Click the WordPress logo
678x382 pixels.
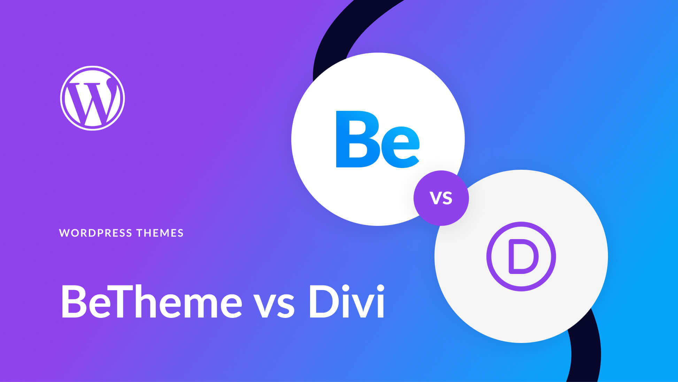[x=92, y=98]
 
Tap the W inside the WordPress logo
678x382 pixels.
[x=92, y=101]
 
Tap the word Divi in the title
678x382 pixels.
[x=346, y=301]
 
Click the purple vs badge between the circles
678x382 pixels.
[x=441, y=198]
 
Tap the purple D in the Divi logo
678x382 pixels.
[x=523, y=256]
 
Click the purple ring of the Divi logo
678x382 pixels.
[x=489, y=256]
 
